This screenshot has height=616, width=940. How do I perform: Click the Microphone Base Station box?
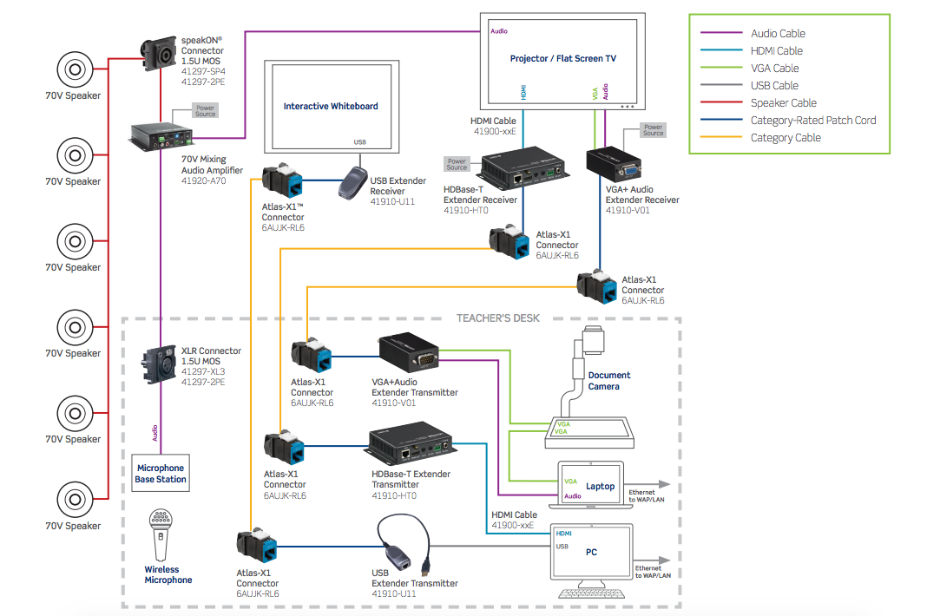tap(160, 474)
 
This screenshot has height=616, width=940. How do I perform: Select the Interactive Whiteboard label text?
tap(331, 107)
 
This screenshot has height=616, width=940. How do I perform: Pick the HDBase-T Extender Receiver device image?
tap(520, 168)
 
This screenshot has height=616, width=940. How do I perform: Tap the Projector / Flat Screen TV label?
tap(562, 59)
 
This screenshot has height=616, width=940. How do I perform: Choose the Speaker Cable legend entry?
tap(783, 103)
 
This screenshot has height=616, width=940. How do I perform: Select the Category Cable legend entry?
tap(785, 138)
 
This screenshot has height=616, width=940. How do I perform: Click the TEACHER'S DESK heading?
tap(497, 318)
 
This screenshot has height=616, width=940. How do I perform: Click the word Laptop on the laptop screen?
tap(600, 487)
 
